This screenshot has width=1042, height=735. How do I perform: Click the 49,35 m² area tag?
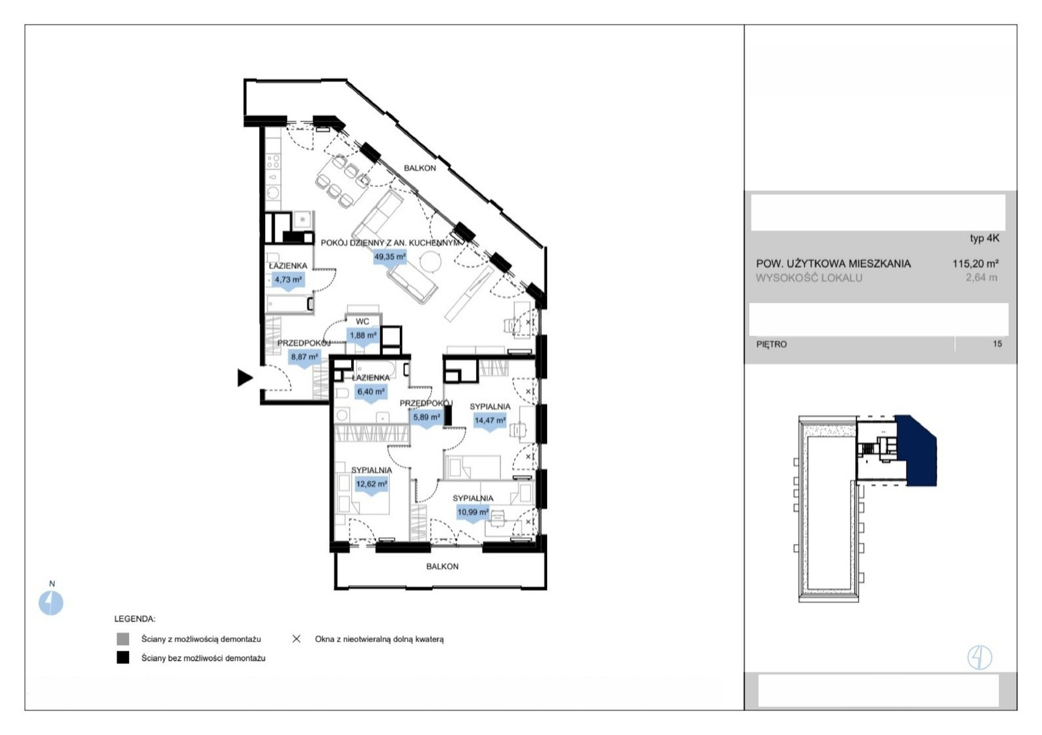(x=390, y=257)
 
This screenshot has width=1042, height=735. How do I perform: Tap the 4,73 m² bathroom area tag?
(x=288, y=280)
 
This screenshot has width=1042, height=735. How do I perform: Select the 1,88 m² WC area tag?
(x=363, y=336)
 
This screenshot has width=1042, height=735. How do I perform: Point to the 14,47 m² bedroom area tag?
(x=489, y=421)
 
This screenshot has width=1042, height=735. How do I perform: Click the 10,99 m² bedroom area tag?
(x=473, y=513)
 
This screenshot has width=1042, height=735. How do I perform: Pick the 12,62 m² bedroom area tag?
(x=371, y=485)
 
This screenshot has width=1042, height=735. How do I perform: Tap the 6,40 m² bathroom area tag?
(x=371, y=392)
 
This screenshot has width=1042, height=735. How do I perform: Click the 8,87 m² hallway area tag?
(x=304, y=358)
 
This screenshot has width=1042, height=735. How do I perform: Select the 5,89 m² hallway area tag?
(x=426, y=418)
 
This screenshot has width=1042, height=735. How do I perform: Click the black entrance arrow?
(x=244, y=377)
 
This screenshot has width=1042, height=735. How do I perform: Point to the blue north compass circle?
(x=51, y=603)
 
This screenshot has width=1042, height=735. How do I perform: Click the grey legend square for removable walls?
(x=123, y=639)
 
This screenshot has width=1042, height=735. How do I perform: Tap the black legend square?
(x=123, y=657)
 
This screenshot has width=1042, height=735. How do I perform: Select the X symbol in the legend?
(x=296, y=639)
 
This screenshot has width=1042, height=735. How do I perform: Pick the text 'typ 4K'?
(x=984, y=238)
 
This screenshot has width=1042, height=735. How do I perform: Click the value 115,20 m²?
(x=976, y=263)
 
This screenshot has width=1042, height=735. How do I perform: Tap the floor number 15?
(x=997, y=344)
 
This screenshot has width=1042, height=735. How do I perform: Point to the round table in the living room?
(x=430, y=261)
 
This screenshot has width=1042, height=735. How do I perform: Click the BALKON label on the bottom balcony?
(x=442, y=566)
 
